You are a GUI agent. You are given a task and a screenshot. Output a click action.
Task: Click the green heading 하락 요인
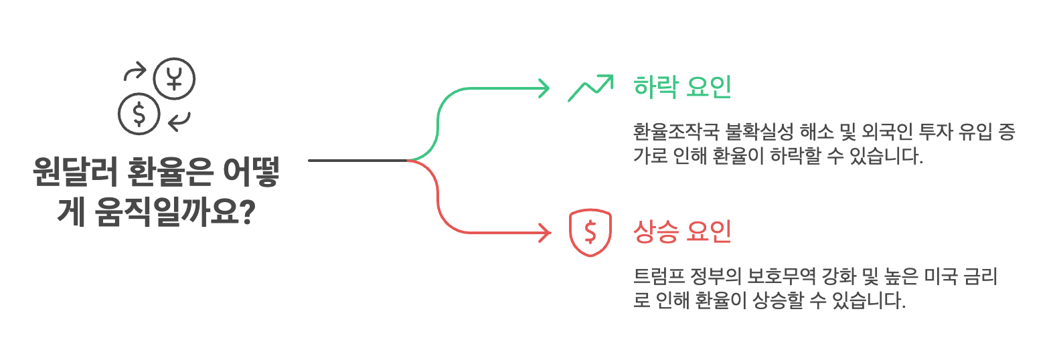(682, 87)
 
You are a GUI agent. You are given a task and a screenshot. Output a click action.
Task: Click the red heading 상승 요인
(682, 232)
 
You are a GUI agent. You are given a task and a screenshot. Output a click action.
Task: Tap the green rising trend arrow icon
(590, 88)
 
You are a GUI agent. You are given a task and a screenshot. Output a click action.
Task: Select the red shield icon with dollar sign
(590, 232)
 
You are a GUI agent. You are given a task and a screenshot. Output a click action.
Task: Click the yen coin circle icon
(174, 78)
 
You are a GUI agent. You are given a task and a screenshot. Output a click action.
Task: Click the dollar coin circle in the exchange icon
(139, 114)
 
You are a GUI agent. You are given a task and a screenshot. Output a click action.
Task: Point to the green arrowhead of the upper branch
(544, 88)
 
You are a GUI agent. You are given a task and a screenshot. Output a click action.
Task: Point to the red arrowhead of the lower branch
(545, 233)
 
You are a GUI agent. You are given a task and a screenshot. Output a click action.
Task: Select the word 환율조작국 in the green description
(675, 131)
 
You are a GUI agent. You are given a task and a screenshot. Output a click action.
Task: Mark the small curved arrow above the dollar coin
(135, 72)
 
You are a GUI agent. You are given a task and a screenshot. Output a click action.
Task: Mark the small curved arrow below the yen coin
(179, 121)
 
